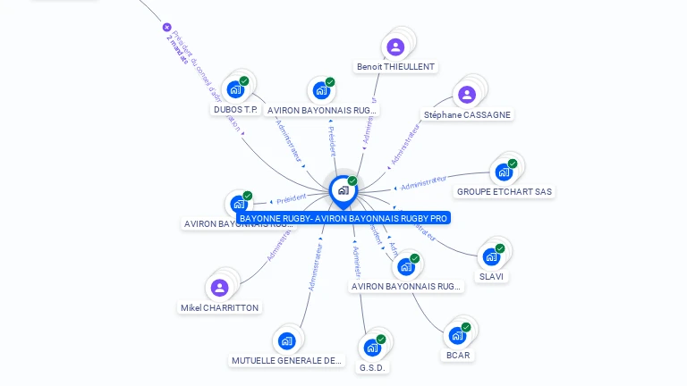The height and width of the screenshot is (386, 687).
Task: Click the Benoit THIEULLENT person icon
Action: tap(395, 46)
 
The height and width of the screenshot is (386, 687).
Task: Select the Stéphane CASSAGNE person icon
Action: tap(466, 95)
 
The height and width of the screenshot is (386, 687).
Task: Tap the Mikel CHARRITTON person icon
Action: tap(219, 288)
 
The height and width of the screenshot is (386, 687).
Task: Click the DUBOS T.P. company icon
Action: tap(235, 89)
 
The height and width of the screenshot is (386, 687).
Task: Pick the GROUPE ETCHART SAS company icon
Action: tap(504, 172)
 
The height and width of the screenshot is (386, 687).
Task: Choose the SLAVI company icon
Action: tap(491, 256)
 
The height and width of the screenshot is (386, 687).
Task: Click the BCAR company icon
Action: tap(457, 335)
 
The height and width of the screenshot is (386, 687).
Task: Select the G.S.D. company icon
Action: tap(372, 348)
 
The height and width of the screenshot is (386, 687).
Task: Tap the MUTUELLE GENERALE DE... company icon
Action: tap(286, 340)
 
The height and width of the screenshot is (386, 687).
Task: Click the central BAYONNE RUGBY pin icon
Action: tap(343, 189)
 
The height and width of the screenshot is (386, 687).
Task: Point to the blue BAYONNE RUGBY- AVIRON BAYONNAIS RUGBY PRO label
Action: tap(343, 218)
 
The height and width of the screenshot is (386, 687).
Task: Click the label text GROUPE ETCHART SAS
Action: tap(505, 192)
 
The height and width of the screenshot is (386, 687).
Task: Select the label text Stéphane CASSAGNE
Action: tap(467, 115)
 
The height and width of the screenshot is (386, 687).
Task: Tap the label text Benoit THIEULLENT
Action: tap(395, 67)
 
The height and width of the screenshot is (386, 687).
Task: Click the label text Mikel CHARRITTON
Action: tap(219, 308)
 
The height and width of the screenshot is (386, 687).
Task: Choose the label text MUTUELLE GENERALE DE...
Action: tap(286, 361)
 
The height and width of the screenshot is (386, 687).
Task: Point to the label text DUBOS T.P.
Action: tap(235, 110)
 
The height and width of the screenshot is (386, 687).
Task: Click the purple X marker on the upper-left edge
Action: tap(166, 28)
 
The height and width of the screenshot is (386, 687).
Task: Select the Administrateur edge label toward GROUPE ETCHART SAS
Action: tap(424, 182)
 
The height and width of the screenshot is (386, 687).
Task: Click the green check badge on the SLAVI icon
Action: tap(500, 248)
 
